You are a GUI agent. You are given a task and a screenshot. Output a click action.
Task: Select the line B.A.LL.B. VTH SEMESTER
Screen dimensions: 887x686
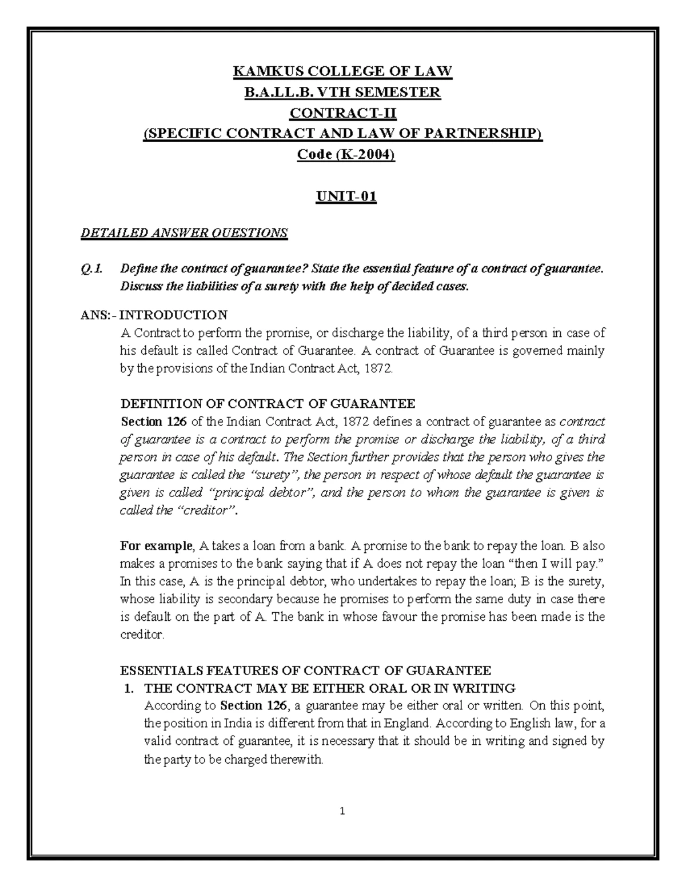(x=342, y=93)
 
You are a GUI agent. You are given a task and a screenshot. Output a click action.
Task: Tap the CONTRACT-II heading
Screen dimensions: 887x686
(x=342, y=113)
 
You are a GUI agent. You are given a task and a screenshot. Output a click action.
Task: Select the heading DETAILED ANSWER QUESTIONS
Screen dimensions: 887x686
(x=184, y=232)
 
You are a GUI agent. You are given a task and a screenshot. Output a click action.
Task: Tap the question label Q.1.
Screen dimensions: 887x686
(x=91, y=269)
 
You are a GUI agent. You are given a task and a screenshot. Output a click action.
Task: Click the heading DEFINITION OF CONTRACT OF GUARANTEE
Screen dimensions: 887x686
(x=268, y=404)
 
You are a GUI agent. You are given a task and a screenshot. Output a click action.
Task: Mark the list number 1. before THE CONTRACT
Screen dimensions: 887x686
(x=130, y=688)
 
